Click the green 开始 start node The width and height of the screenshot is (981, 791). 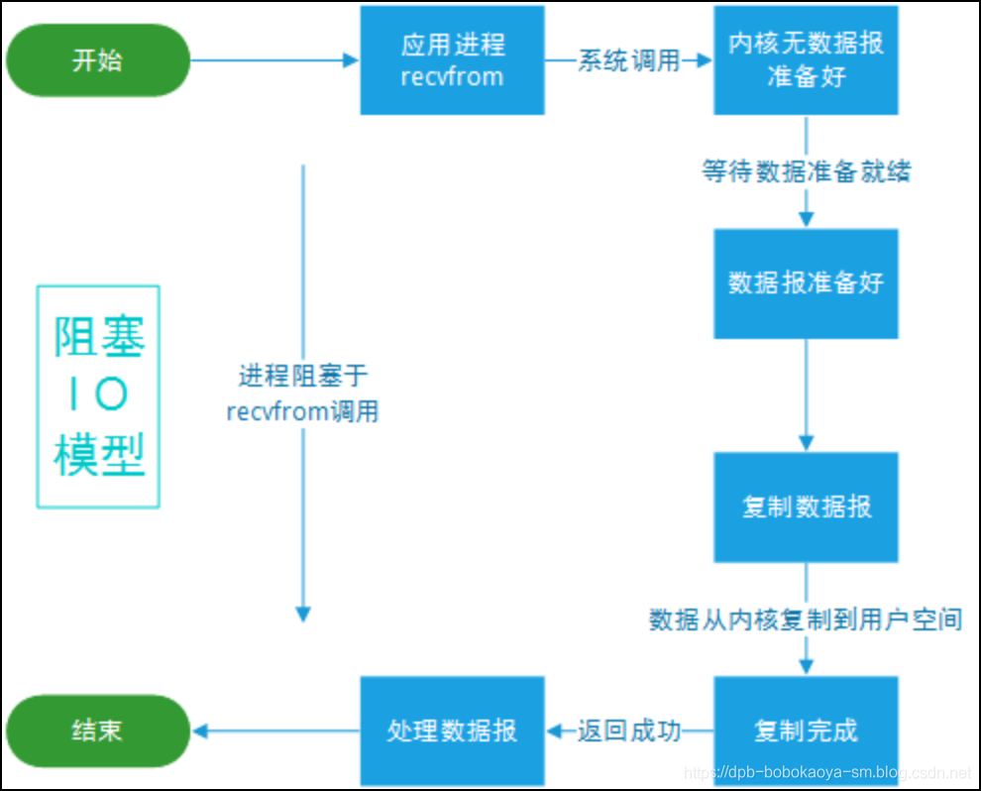click(97, 60)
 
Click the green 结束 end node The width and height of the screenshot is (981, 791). click(97, 731)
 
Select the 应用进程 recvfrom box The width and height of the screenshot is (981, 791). click(452, 60)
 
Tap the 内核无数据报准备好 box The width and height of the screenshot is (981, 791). click(806, 60)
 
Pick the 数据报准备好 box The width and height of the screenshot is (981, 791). click(806, 283)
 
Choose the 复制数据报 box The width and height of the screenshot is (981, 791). click(806, 508)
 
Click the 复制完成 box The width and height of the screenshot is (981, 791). click(806, 731)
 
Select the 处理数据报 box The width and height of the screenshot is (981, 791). click(452, 731)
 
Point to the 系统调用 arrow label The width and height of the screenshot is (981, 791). click(628, 60)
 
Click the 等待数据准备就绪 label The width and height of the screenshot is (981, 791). click(806, 171)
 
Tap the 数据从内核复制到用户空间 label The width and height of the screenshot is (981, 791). click(806, 620)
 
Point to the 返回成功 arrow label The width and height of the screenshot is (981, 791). click(628, 732)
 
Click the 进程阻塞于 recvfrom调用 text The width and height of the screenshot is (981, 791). click(302, 394)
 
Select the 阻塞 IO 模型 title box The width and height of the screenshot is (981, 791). click(98, 397)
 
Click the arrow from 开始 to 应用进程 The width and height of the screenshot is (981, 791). click(273, 60)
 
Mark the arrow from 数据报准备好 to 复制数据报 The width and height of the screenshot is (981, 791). click(806, 395)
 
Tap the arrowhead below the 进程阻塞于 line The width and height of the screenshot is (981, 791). click(303, 614)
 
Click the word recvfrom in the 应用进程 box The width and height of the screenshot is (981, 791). click(452, 76)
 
